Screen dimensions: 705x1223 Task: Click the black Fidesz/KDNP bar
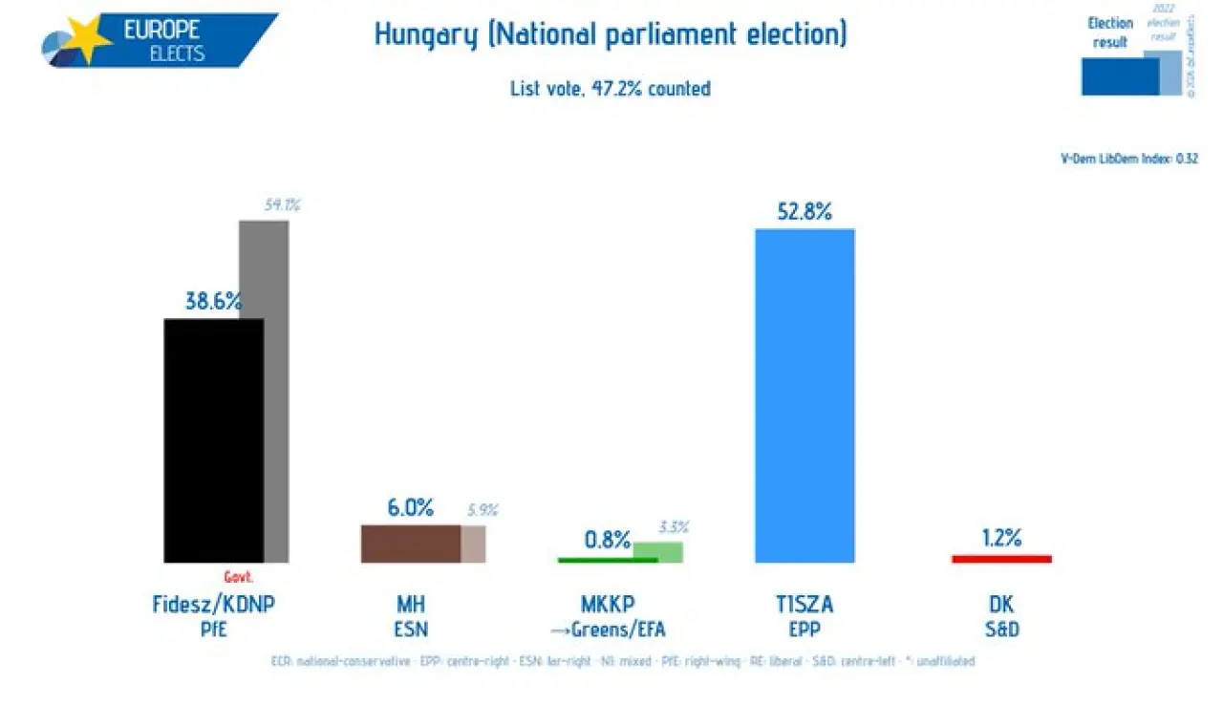coord(213,439)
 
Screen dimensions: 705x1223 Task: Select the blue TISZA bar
coord(805,395)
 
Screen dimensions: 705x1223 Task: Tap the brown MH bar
coord(410,544)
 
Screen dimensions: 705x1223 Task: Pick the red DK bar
coord(1001,559)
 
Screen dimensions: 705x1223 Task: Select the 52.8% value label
coord(805,211)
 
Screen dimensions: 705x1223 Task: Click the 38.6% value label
coord(213,301)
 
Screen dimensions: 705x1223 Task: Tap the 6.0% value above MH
coord(410,508)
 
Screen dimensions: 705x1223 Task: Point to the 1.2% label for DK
coord(1001,538)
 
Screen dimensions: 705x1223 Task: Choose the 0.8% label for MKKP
coord(608,540)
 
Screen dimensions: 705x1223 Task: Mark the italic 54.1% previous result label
coord(282,203)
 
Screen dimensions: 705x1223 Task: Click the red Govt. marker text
coord(239,577)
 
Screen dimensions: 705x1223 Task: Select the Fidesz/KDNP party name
coord(206,604)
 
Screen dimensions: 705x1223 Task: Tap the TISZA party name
coord(805,604)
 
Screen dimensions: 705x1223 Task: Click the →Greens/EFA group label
coord(608,629)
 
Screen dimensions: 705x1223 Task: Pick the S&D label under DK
coord(1001,629)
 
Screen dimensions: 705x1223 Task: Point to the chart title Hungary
coord(425,35)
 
